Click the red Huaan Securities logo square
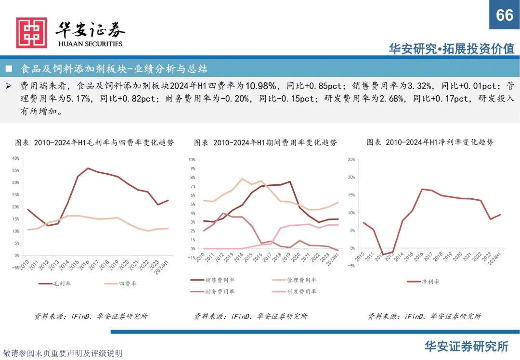click(x=32, y=33)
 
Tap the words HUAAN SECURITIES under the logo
click(x=90, y=44)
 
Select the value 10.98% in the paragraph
click(x=260, y=86)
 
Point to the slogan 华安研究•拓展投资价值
click(x=452, y=49)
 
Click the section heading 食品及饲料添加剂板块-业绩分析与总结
click(x=114, y=69)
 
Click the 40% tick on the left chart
click(x=15, y=158)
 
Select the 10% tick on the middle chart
click(x=191, y=159)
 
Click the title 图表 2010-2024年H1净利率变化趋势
click(x=430, y=142)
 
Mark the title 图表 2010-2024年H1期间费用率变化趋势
click(x=265, y=143)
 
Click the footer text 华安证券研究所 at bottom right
click(x=466, y=346)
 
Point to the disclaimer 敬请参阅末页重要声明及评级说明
click(x=63, y=353)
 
